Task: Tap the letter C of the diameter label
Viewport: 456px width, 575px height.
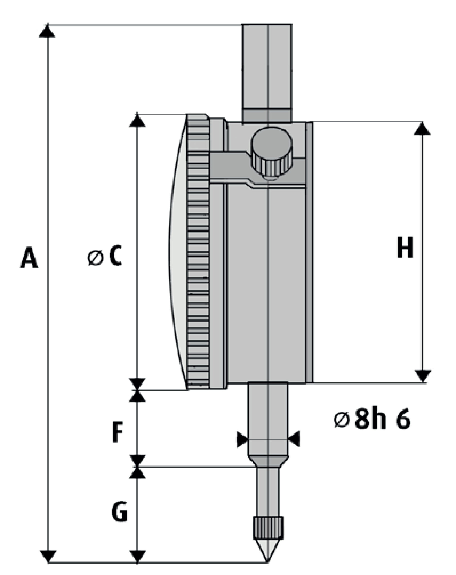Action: click(116, 255)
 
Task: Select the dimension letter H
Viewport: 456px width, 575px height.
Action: click(405, 248)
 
